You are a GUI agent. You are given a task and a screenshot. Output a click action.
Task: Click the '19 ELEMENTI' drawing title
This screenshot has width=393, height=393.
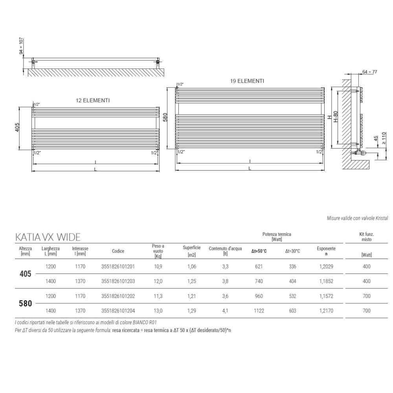pos(247,81)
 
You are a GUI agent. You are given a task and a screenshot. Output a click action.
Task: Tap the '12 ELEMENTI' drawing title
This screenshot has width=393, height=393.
pos(93,100)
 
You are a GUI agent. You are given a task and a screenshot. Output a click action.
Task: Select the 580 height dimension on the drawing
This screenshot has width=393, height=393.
pos(165,117)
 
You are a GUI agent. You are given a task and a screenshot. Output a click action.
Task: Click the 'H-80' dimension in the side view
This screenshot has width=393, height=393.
pos(336,117)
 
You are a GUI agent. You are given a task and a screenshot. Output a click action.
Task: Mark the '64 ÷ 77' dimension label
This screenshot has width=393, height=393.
pos(370,72)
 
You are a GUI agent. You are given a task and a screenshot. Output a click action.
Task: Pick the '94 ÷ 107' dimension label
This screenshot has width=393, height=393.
pos(21,46)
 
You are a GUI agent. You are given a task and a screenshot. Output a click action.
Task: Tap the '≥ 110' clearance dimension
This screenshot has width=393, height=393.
pos(384,138)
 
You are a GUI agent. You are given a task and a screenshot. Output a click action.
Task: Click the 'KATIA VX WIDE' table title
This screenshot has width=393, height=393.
pos(48,237)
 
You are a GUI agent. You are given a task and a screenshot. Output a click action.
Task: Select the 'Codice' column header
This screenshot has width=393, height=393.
pos(118,251)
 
